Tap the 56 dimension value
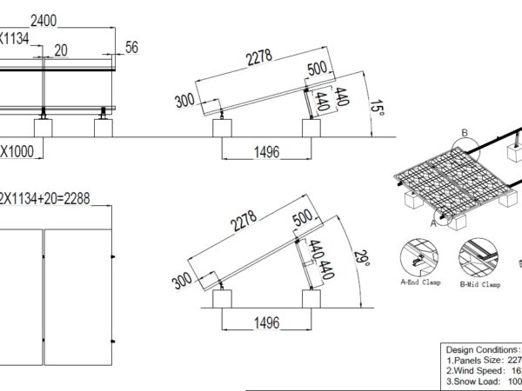tap(132, 47)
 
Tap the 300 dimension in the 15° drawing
tap(184, 101)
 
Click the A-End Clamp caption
tap(421, 282)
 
